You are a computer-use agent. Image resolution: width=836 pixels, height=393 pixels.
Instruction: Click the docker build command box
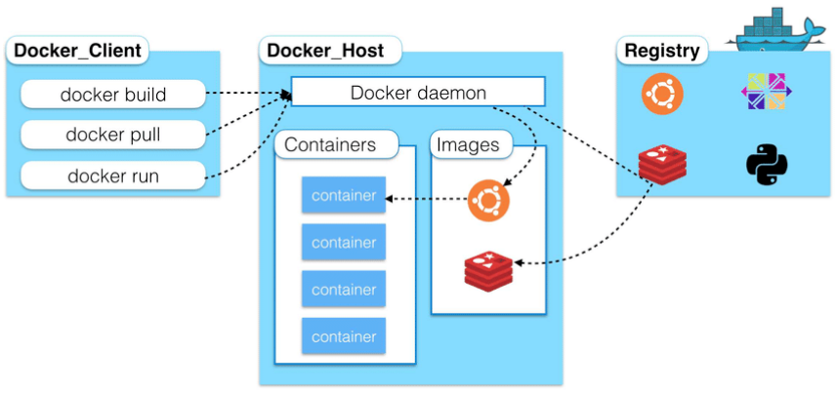(x=113, y=95)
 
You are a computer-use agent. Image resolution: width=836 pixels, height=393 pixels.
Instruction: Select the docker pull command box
(x=113, y=135)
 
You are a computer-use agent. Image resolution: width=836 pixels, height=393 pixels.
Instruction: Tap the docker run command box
(x=113, y=176)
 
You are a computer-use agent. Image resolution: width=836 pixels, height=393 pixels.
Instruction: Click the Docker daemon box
(x=418, y=92)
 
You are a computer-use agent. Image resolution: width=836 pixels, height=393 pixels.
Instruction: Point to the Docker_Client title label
(x=77, y=50)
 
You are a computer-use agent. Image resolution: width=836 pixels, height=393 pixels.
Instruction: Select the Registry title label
(x=662, y=50)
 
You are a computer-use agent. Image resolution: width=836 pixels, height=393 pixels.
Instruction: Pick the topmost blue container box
(x=344, y=196)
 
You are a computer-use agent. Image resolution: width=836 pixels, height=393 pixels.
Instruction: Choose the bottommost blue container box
(x=344, y=335)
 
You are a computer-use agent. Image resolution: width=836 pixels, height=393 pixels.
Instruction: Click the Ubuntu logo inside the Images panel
(x=488, y=200)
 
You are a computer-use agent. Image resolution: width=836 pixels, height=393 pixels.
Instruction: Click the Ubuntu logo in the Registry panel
(x=662, y=94)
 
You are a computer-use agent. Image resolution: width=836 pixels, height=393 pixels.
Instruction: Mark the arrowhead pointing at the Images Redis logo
(x=518, y=263)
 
